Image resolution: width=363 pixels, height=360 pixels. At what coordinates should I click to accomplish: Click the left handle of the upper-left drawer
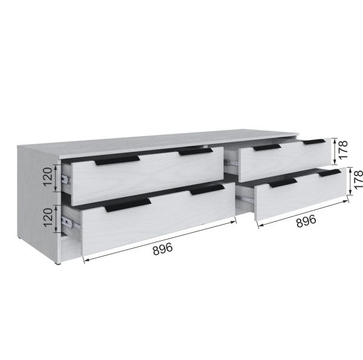coord(117,160)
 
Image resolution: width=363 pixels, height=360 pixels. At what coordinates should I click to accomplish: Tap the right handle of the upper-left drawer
coord(195,152)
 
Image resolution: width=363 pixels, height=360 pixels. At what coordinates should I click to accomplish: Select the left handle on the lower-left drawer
coord(128,205)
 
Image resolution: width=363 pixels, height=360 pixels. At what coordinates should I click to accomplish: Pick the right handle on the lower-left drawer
coord(207,189)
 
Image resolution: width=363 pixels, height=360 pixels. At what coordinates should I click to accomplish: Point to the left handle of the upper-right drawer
coord(267,148)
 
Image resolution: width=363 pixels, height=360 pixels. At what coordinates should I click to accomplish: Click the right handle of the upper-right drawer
coord(315,142)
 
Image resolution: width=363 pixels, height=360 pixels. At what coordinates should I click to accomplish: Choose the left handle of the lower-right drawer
coord(283,183)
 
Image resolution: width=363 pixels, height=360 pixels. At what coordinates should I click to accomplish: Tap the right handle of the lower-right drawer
coord(330,173)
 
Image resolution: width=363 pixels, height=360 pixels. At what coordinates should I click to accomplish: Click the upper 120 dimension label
coord(48,177)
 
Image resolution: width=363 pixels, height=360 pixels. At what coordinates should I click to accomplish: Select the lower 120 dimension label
coord(48,218)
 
